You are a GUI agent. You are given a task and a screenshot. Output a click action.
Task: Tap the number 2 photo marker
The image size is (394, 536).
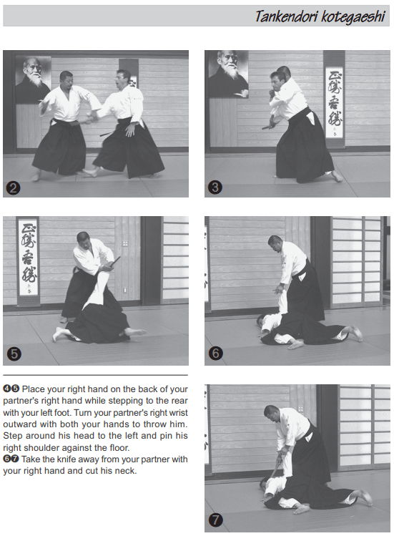[14, 188]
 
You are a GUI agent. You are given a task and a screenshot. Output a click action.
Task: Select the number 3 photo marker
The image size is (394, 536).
[215, 187]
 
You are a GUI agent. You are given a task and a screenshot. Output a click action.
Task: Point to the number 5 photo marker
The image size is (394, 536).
[14, 354]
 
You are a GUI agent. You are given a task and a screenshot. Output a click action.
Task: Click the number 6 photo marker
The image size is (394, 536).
[216, 353]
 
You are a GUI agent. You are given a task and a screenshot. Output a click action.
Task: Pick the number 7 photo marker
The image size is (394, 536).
[216, 520]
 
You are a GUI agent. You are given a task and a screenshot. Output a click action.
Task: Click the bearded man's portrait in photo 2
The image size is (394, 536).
[33, 80]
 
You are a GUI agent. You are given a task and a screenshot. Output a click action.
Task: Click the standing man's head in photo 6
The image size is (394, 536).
[275, 243]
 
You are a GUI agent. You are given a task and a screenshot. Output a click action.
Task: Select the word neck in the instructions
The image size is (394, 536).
[126, 471]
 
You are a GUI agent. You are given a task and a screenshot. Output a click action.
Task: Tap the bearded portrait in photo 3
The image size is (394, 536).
[229, 73]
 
